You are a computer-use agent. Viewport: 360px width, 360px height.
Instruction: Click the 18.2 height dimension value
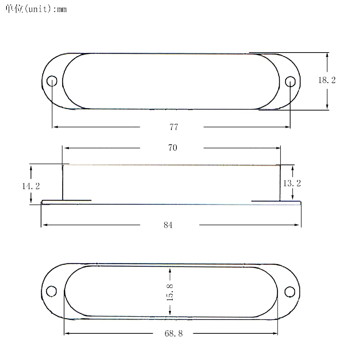pyautogui.click(x=327, y=80)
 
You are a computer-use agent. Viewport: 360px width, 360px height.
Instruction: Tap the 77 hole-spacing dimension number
pyautogui.click(x=174, y=127)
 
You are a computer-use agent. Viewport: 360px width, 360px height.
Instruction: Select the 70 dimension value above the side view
pyautogui.click(x=173, y=148)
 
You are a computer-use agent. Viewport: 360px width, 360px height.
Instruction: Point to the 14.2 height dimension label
pyautogui.click(x=31, y=186)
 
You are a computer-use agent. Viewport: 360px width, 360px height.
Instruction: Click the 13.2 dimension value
pyautogui.click(x=292, y=183)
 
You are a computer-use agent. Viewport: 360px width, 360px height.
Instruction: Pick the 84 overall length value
pyautogui.click(x=168, y=225)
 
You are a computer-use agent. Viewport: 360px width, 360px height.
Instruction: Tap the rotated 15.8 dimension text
pyautogui.click(x=170, y=292)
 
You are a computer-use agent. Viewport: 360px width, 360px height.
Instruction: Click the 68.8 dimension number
pyautogui.click(x=174, y=333)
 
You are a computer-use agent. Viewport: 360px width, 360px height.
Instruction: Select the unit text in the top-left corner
pyautogui.click(x=36, y=9)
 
